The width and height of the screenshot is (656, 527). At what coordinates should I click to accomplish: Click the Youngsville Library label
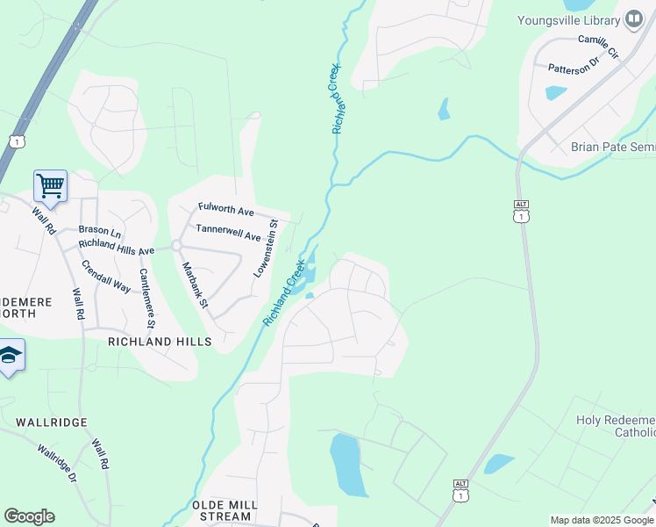[567, 20]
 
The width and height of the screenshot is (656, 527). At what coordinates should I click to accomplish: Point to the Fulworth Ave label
[225, 212]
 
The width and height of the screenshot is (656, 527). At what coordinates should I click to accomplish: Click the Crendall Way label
[106, 276]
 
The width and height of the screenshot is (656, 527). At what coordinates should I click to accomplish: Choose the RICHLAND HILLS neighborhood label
[160, 341]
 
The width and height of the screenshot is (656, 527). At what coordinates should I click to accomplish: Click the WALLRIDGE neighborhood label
[51, 422]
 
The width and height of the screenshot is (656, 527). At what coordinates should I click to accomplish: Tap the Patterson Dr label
[572, 65]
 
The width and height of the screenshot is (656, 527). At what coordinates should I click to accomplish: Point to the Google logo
[29, 516]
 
